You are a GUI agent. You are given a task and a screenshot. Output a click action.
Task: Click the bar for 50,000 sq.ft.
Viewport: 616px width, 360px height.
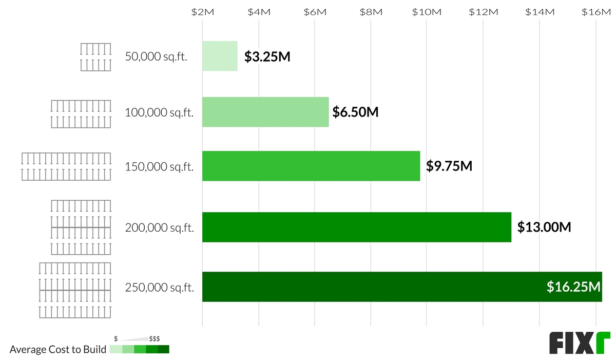point(220,56)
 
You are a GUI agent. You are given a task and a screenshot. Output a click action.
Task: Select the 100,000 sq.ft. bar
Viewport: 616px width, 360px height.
point(265,112)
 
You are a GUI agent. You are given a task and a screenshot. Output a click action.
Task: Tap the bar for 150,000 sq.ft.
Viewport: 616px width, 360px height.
point(311,166)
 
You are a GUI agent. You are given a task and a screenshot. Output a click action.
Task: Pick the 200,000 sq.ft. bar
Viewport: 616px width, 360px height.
point(357,227)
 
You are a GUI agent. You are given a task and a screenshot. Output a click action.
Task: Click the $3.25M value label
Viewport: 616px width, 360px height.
point(267,56)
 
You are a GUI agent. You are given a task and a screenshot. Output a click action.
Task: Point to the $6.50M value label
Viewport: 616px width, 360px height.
point(355,112)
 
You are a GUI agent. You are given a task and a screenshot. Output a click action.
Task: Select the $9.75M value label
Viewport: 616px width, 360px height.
point(449,166)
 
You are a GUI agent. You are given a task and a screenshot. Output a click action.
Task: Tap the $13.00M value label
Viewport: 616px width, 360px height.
point(544,227)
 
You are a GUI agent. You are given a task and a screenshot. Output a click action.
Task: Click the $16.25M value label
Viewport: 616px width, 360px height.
point(573,287)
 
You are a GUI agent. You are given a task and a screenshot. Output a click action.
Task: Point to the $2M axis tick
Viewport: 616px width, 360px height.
point(202,12)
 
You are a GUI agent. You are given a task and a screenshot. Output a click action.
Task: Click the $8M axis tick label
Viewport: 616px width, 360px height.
point(371,12)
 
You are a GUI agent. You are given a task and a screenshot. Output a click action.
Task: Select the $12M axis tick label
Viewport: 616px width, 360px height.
point(483,12)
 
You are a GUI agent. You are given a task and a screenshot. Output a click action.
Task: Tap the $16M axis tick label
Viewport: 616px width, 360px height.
point(595,12)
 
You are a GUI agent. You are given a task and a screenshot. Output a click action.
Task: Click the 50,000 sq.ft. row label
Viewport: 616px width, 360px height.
point(156,56)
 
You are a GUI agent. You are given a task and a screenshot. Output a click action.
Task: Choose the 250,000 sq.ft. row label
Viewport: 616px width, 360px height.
point(159,288)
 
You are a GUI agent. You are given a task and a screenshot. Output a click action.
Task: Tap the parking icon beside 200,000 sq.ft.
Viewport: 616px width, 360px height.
point(81,227)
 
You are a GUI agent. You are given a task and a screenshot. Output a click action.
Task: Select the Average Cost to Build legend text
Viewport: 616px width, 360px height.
point(58,350)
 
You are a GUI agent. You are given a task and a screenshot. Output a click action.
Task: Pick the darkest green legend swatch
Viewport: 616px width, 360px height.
point(163,350)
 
